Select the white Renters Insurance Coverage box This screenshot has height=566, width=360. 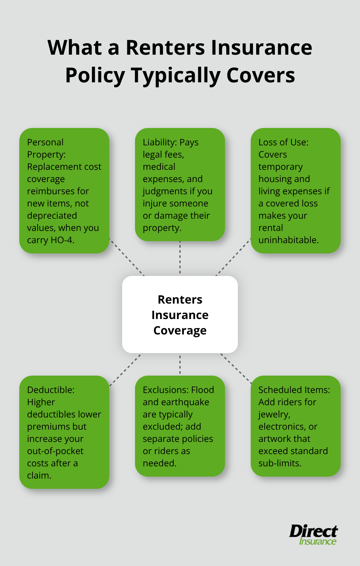[180, 314]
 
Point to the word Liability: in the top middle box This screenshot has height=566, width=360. [159, 142]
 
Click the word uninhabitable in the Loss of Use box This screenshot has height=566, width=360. [288, 240]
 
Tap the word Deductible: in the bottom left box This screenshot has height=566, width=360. [51, 390]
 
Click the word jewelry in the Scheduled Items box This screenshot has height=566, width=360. [274, 415]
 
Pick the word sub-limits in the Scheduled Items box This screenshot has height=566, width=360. [279, 463]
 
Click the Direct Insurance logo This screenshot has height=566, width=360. [313, 535]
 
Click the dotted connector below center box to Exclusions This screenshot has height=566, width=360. [180, 364]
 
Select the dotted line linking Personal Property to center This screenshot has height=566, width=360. [127, 257]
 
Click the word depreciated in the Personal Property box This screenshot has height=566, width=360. [52, 216]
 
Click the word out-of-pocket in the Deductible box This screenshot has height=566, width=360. [55, 451]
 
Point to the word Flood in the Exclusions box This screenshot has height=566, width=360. [203, 390]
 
